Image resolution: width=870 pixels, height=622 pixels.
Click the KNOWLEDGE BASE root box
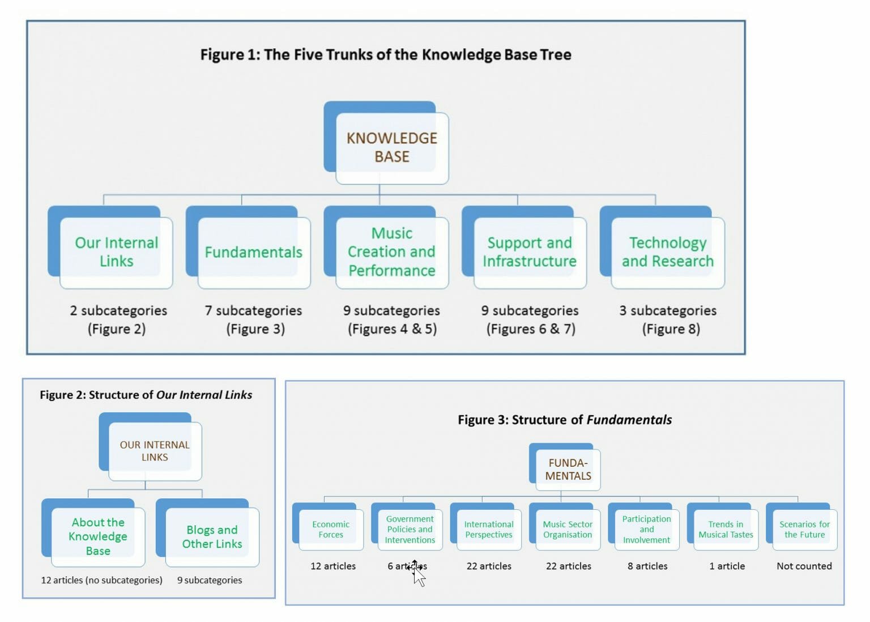[391, 147]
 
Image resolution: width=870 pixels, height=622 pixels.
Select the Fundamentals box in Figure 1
[253, 252]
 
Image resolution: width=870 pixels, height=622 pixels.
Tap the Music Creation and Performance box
[391, 252]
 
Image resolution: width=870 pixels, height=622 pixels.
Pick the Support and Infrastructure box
[529, 252]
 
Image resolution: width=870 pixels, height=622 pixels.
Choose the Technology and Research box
[667, 252]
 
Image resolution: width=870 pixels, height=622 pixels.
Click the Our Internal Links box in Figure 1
[116, 252]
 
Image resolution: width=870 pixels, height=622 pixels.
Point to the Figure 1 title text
[386, 54]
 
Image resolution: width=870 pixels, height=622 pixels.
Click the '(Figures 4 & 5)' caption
[392, 329]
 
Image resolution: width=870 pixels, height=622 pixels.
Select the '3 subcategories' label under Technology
[668, 310]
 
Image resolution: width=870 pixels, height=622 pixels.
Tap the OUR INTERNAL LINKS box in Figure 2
[155, 451]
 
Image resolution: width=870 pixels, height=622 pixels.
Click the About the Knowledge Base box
[98, 536]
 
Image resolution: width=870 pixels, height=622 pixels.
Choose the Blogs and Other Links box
[212, 536]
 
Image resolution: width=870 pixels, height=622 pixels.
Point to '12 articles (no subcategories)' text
[101, 580]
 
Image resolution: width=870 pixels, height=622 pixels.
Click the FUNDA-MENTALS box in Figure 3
[568, 470]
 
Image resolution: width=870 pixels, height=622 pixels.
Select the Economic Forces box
[331, 530]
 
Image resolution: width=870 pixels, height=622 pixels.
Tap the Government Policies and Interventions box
[410, 530]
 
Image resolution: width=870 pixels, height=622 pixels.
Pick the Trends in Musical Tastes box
[726, 530]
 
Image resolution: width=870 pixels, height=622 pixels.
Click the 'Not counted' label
[804, 566]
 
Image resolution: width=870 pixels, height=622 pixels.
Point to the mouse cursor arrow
[418, 574]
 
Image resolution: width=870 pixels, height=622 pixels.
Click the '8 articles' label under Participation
[647, 566]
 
